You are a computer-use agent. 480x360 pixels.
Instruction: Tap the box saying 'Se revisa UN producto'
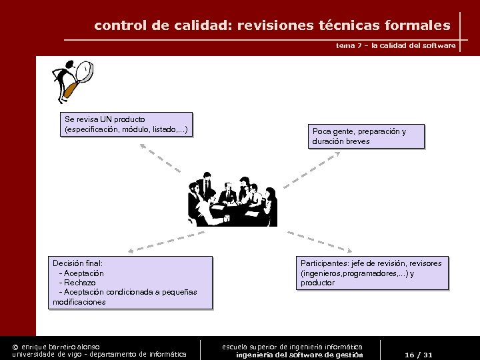[127, 124]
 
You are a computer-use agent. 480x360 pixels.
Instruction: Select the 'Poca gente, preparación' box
[366, 136]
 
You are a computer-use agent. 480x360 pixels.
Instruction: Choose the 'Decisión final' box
[132, 283]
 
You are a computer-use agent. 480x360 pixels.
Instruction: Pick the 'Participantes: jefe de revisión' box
[372, 273]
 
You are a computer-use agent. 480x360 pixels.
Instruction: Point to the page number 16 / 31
[419, 355]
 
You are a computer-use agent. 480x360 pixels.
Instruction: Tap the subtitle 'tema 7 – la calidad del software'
[396, 45]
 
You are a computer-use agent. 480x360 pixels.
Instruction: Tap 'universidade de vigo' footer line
[100, 355]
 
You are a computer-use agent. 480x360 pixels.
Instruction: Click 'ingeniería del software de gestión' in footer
[299, 355]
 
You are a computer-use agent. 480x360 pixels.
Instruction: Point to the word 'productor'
[317, 283]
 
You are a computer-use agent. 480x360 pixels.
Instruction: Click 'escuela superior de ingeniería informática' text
[292, 347]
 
